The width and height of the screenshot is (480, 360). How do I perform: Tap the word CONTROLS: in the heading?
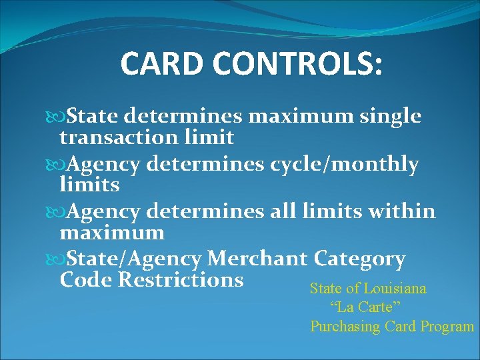pyautogui.click(x=297, y=64)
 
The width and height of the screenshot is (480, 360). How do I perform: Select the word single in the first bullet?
pyautogui.click(x=391, y=117)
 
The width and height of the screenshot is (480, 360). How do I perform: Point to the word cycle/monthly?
pyautogui.click(x=345, y=165)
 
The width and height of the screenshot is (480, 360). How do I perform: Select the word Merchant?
pyautogui.click(x=257, y=259)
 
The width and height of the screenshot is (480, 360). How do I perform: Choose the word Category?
pyautogui.click(x=359, y=259)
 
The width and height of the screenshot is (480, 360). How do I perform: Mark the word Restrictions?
pyautogui.click(x=181, y=279)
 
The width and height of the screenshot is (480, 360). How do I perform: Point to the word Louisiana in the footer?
pyautogui.click(x=393, y=289)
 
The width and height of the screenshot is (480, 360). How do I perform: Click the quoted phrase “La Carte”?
pyautogui.click(x=365, y=308)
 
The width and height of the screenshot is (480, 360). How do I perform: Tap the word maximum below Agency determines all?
pyautogui.click(x=112, y=233)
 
